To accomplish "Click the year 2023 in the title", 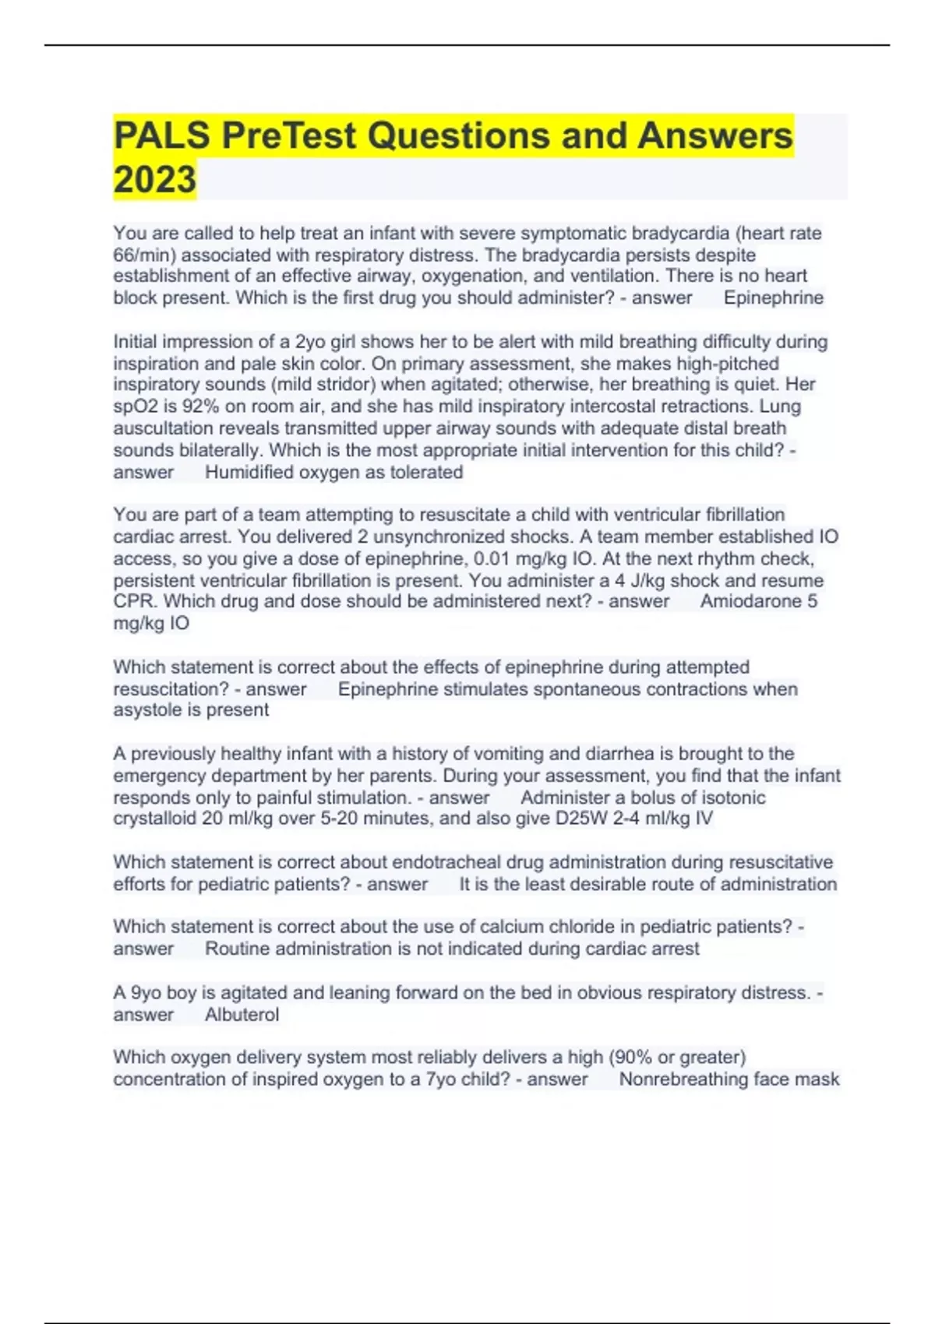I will coord(154,179).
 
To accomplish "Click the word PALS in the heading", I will coord(161,136).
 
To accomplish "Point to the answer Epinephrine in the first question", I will coord(773,298).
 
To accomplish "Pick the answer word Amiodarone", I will coord(750,601).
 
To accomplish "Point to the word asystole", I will coord(146,710).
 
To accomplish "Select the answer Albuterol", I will coord(242,1014).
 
